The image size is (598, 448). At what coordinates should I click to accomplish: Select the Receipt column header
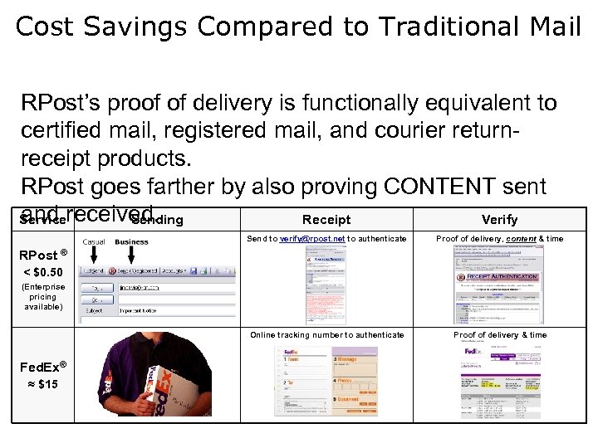(x=326, y=220)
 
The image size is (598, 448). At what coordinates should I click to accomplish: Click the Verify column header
(x=499, y=220)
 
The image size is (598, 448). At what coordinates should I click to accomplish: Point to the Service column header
(x=42, y=221)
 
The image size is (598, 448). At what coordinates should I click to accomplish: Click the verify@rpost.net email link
(x=311, y=239)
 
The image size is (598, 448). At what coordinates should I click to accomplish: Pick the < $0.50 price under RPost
(x=42, y=272)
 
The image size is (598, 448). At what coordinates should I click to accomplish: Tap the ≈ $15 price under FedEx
(x=42, y=384)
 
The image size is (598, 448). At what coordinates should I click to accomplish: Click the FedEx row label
(x=42, y=366)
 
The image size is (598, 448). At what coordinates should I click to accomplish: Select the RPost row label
(x=40, y=255)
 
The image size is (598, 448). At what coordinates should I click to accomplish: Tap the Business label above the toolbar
(x=131, y=242)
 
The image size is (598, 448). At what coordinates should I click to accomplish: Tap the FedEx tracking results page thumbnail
(x=502, y=382)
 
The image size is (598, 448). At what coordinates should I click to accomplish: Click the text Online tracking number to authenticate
(x=326, y=335)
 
